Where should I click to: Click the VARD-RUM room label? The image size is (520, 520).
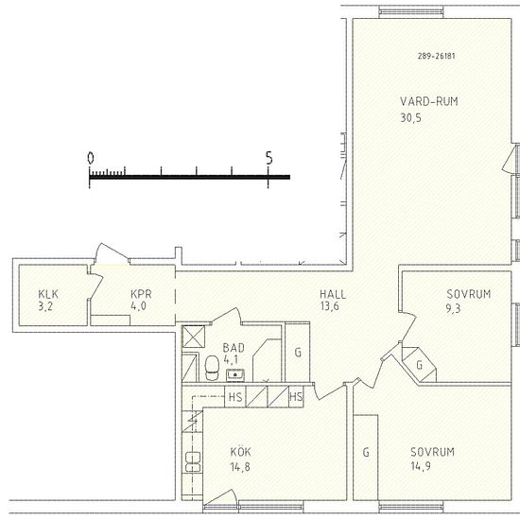coord(429,101)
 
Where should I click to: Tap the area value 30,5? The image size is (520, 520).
coord(411,118)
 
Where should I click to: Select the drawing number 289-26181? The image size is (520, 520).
coord(437,56)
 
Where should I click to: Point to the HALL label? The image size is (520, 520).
coord(333,294)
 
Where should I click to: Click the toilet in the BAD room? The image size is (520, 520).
coord(212,368)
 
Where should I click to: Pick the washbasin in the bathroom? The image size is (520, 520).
coord(235,375)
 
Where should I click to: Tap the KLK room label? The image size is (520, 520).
coord(48,294)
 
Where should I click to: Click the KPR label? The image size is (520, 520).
coord(141,294)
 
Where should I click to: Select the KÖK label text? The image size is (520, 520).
coord(241,452)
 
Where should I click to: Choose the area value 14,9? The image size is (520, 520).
coord(421,466)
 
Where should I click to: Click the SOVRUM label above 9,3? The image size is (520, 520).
coord(468,294)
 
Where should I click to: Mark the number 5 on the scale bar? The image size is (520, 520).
coord(269,158)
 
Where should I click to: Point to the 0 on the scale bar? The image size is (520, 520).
coord(90,158)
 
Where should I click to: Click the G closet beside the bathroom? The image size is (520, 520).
coord(298,353)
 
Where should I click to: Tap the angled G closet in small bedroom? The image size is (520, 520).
coord(419,365)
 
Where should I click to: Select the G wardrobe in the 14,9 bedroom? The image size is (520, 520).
coord(366,457)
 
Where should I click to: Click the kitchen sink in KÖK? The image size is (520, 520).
coord(193,461)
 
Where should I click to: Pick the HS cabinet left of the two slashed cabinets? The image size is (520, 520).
coord(235,397)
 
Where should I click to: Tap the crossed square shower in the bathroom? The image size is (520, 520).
coord(193,337)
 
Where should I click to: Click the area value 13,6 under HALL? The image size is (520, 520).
coord(330,306)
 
